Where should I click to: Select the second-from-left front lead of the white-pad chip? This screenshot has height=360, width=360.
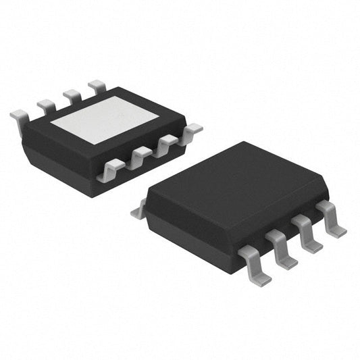tap(138, 157)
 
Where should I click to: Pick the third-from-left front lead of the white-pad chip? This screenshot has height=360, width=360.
tap(165, 143)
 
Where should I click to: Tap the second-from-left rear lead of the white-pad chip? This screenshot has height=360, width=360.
tap(46, 105)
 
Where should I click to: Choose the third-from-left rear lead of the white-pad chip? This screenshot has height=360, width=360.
tap(72, 95)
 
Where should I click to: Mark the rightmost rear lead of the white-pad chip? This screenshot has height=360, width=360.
tap(97, 86)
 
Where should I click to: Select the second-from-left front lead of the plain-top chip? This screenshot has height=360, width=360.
tap(281, 245)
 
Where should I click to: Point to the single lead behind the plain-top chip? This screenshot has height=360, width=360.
tap(139, 211)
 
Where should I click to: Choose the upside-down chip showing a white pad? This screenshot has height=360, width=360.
tap(101, 135)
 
